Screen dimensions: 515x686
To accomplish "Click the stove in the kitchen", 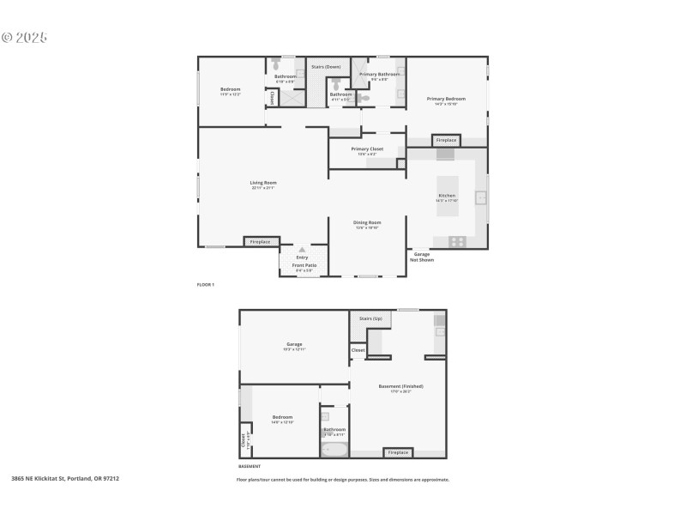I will [x=457, y=241].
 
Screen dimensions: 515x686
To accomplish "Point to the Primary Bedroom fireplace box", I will [x=446, y=140].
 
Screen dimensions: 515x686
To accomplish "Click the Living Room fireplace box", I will [x=260, y=242].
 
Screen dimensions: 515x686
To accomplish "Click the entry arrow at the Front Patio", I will [x=302, y=250].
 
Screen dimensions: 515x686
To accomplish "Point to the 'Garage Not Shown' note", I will [x=422, y=257].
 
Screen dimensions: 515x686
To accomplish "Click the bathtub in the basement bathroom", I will [x=334, y=449].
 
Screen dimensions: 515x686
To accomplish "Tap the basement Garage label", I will [x=294, y=347].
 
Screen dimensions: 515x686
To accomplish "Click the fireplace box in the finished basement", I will [x=398, y=452].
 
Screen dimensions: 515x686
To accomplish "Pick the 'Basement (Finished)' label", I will [x=400, y=387].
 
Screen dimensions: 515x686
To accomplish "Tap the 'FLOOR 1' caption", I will [x=206, y=284].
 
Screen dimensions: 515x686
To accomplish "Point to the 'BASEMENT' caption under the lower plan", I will [x=250, y=466].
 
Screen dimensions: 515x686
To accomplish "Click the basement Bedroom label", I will [x=282, y=419].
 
